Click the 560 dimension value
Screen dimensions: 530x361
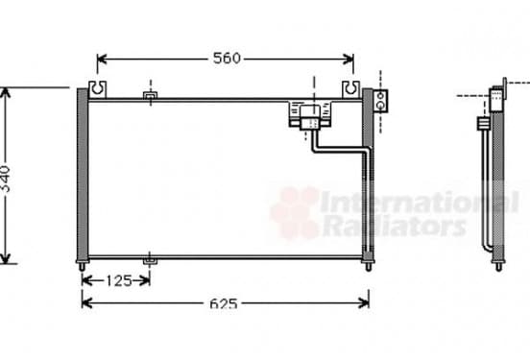coord(227,59)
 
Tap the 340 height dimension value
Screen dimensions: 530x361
coord(6,179)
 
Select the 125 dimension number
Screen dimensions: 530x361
coord(119,281)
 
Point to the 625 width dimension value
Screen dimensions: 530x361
coord(224,304)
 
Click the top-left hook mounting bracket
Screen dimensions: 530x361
coord(97,89)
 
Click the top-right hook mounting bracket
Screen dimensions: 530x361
coord(350,89)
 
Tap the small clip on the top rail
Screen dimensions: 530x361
coord(151,96)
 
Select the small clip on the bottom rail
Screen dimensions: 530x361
coord(150,260)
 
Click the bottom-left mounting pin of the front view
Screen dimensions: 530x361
coord(82,266)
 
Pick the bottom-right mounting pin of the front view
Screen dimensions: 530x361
coord(369,266)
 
